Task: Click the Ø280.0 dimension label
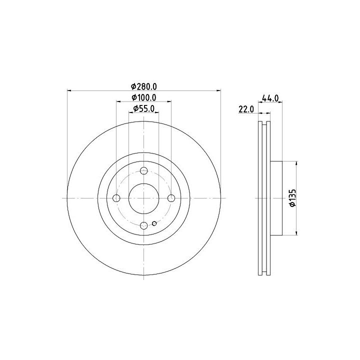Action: pos(143,86)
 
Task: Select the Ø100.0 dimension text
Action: pos(143,97)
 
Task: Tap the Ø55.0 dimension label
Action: pos(143,108)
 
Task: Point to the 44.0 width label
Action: pos(270,98)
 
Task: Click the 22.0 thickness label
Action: pos(246,109)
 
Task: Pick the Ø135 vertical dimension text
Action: pos(292,198)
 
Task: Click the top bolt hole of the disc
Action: pos(143,171)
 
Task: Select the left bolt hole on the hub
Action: pos(116,198)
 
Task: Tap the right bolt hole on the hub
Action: pos(171,198)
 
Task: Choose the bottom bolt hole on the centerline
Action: pos(143,225)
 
